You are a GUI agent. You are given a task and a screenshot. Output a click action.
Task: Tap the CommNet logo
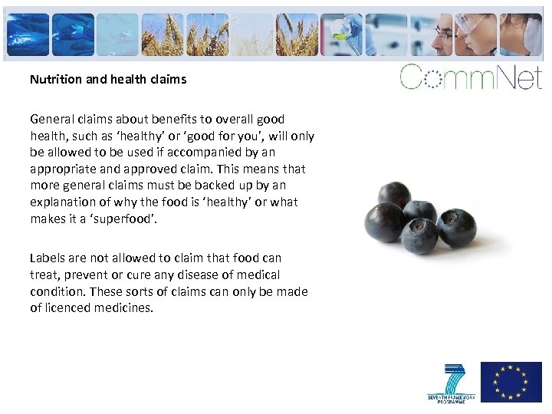pyautogui.click(x=470, y=78)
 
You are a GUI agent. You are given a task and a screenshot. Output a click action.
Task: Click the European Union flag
pyautogui.click(x=511, y=382)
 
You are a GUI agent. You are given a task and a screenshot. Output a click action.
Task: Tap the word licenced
pyautogui.click(x=67, y=308)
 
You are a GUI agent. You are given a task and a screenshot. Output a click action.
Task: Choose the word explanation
pyautogui.click(x=64, y=202)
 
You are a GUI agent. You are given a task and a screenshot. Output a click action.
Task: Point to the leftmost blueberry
pyautogui.click(x=384, y=222)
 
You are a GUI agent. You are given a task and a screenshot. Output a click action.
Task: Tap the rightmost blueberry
pyautogui.click(x=455, y=227)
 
